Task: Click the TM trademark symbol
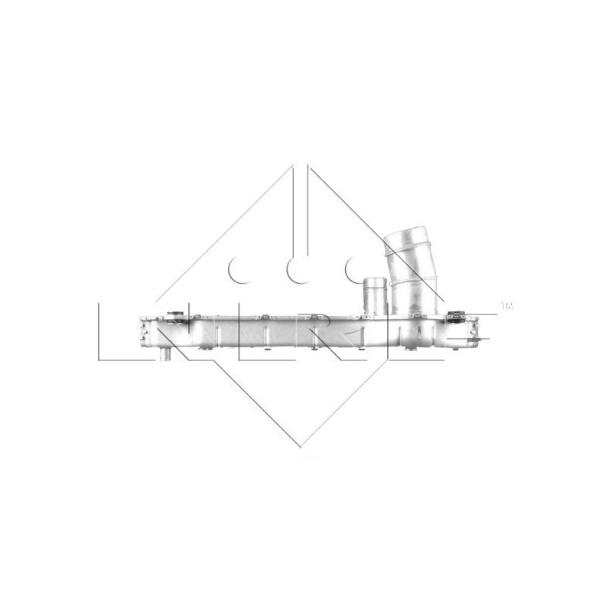(506, 306)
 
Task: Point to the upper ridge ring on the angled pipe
(404, 252)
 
